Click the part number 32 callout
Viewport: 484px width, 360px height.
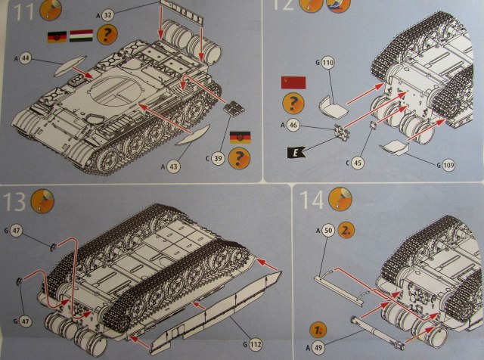click(x=108, y=14)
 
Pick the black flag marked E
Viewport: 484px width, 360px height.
click(x=293, y=153)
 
